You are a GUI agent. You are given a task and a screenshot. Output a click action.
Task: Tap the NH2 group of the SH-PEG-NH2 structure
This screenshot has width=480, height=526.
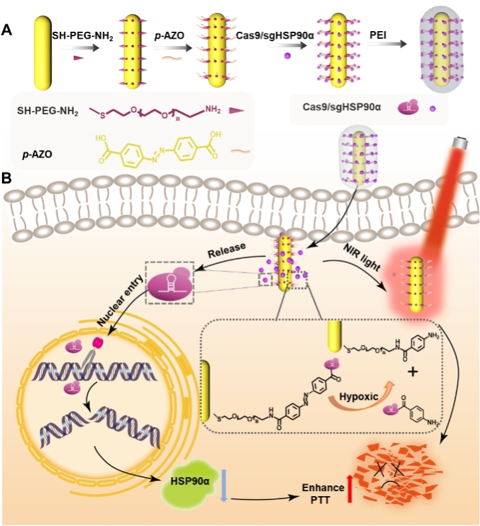(216, 112)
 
